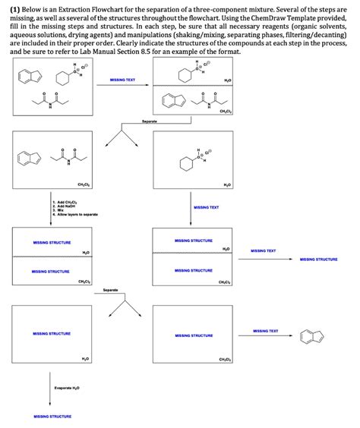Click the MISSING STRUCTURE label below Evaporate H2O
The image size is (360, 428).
pos(52,417)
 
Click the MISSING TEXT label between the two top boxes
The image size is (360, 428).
pos(122,79)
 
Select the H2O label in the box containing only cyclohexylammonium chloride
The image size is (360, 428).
pos(226,185)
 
